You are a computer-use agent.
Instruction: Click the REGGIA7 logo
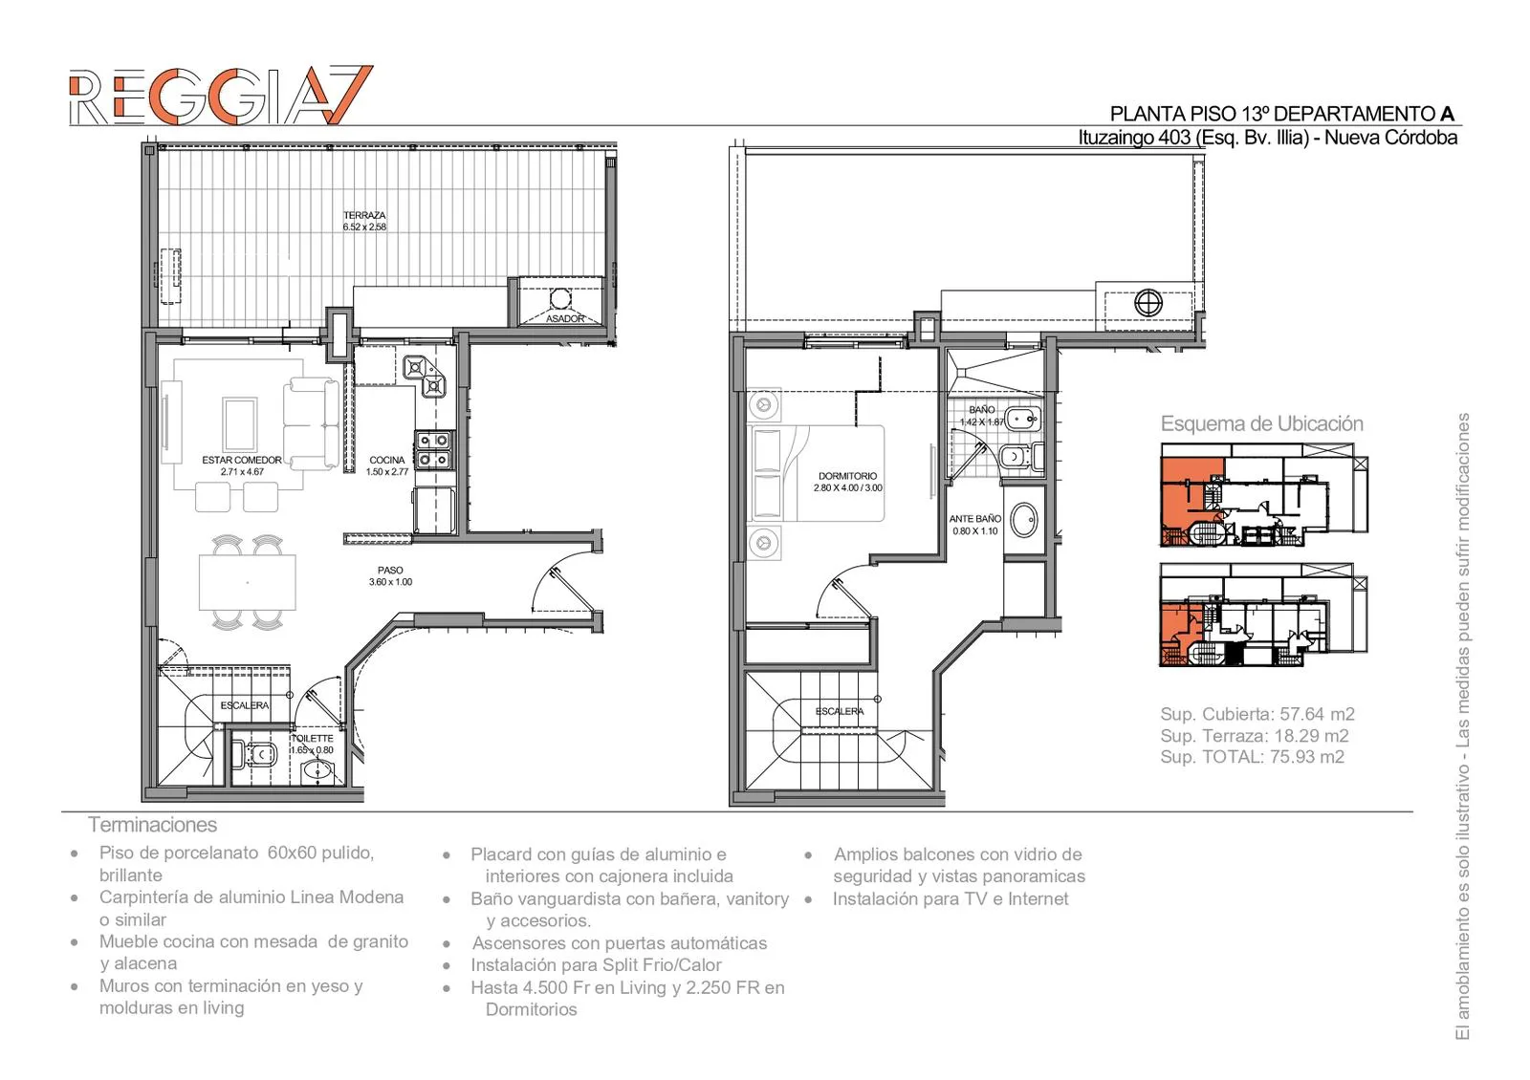point(221,96)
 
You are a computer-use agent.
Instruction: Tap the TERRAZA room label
point(364,215)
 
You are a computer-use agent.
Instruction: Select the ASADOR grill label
point(565,319)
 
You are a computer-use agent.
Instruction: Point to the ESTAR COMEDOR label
point(242,460)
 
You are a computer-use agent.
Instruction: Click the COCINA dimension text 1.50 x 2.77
point(387,472)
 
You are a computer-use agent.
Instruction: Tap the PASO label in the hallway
point(390,570)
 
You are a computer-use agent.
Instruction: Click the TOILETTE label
point(313,738)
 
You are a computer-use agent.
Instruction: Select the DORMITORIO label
point(847,476)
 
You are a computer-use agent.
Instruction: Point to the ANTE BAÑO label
point(974,519)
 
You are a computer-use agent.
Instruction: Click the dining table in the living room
point(248,582)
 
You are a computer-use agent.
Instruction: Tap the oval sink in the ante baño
point(1023,520)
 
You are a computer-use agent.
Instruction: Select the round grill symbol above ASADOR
point(560,299)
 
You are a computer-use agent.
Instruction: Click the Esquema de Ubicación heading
point(1261,424)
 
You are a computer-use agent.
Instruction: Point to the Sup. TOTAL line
point(1252,757)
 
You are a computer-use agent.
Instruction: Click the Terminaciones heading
point(152,825)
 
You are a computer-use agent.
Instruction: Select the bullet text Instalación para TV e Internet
point(951,899)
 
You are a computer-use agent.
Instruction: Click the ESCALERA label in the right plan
point(840,711)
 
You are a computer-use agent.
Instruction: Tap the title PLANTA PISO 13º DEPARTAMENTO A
point(1282,114)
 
